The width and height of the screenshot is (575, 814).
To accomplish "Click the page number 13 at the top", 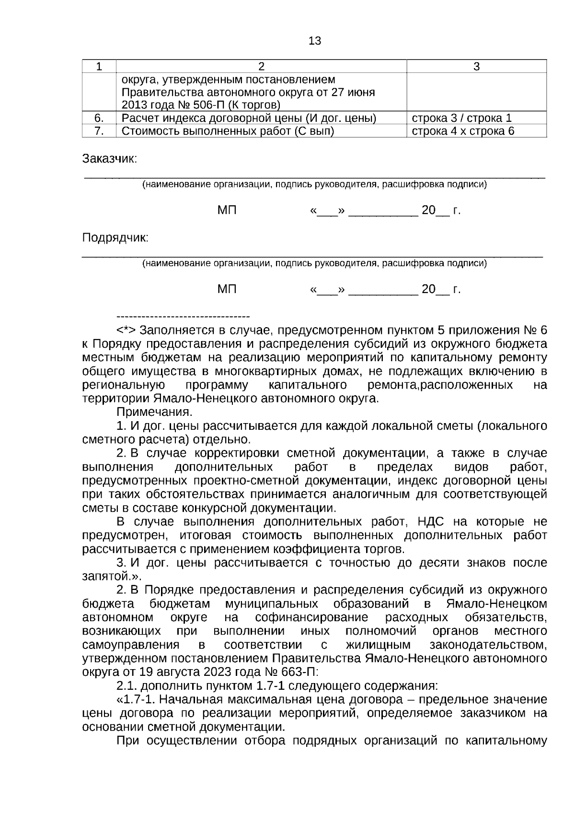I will tap(315, 41).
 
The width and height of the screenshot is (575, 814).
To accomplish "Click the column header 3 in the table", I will tap(476, 67).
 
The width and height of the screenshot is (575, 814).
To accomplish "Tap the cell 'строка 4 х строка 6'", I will tap(463, 131).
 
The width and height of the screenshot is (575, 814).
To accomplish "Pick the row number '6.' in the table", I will tap(99, 118).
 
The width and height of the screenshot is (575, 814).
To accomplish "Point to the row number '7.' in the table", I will tap(99, 131).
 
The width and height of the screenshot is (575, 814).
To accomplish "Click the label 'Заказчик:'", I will tap(110, 159).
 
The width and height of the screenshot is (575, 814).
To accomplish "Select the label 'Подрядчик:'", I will tap(115, 238).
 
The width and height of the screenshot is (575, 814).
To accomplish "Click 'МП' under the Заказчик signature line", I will tap(227, 211).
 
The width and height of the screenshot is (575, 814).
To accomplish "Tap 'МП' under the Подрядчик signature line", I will tap(227, 289).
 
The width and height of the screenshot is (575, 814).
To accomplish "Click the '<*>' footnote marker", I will tap(126, 330).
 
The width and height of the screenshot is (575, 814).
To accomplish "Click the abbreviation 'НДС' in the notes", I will tap(433, 521).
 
